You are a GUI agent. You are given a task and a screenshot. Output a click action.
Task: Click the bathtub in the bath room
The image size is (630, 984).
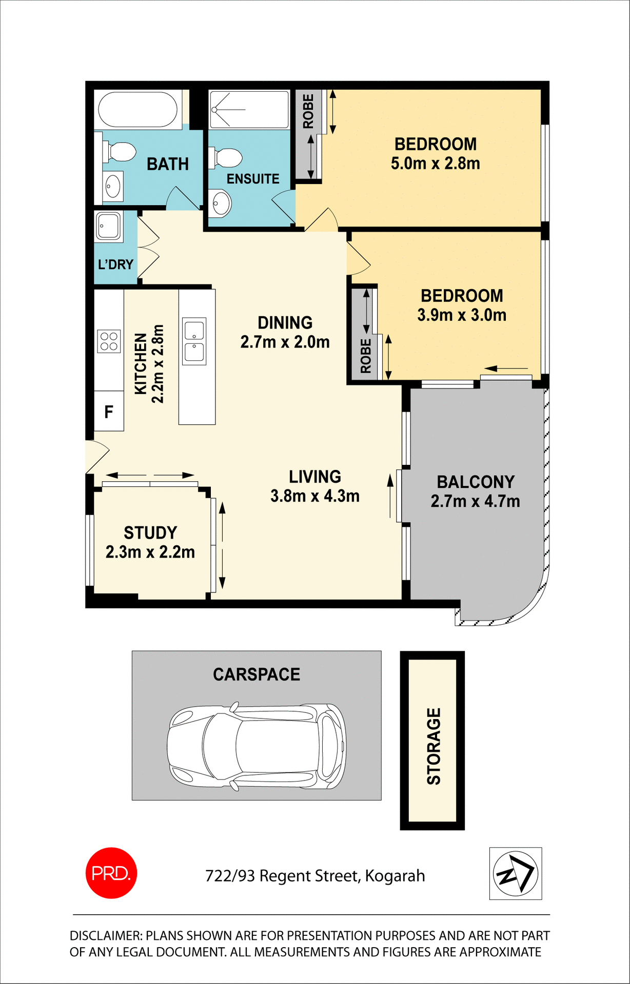(137, 109)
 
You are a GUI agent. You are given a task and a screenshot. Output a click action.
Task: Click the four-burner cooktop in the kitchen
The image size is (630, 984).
(109, 341)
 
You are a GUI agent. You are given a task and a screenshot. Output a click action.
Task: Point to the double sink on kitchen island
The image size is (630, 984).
(194, 341)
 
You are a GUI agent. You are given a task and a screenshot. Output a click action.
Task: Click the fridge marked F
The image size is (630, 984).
(109, 412)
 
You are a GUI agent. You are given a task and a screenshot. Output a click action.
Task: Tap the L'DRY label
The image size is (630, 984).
(115, 264)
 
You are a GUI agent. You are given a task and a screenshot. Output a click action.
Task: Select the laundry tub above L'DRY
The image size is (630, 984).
(109, 225)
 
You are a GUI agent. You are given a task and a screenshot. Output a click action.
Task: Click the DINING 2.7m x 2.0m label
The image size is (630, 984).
(285, 332)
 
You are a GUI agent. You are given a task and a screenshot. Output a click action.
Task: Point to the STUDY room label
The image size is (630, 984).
(150, 533)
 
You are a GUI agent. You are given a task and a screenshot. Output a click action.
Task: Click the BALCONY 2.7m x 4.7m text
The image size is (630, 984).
(475, 491)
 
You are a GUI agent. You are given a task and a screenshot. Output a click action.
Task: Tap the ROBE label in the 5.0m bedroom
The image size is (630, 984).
(308, 111)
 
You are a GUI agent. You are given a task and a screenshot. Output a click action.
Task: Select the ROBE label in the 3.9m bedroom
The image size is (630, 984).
(365, 356)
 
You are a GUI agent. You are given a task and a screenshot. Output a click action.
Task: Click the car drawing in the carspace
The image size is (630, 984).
(257, 746)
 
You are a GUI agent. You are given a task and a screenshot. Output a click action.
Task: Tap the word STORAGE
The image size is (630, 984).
(434, 746)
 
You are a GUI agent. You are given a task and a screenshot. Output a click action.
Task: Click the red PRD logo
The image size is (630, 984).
(111, 873)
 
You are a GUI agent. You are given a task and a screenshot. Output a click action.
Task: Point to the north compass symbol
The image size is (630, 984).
(515, 873)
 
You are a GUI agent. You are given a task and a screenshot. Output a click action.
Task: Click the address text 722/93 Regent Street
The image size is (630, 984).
(315, 876)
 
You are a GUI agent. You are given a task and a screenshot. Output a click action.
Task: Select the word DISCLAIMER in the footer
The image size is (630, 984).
(106, 936)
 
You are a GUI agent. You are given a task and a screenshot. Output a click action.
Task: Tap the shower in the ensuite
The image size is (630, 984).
(249, 109)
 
